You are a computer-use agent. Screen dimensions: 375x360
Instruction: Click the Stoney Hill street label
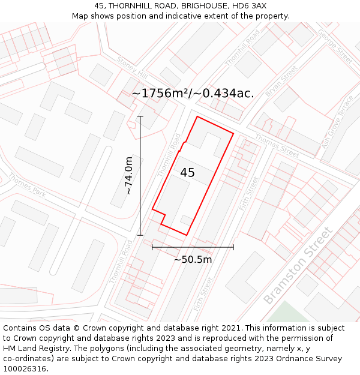(132, 68)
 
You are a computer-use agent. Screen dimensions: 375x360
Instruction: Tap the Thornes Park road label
(27, 185)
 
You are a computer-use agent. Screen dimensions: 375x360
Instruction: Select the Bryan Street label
(281, 81)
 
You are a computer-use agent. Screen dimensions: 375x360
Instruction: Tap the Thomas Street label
(277, 146)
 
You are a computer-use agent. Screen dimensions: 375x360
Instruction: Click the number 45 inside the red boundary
(187, 173)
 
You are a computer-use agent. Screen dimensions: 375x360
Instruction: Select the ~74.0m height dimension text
(128, 175)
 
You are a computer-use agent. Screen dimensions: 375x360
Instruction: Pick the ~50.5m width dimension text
(193, 260)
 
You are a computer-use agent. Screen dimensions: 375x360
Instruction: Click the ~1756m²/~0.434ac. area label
(193, 93)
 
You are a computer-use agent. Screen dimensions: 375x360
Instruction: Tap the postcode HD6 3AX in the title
(249, 5)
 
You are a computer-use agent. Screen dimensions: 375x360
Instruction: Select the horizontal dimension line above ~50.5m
(193, 247)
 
